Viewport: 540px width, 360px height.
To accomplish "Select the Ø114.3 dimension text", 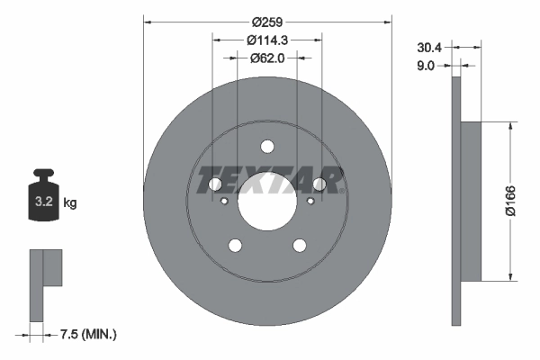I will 267,40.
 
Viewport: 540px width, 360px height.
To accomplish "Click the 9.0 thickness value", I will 427,65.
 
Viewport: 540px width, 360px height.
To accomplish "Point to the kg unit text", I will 70,203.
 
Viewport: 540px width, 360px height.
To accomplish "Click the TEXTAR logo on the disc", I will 267,178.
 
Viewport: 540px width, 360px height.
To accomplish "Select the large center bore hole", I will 267,202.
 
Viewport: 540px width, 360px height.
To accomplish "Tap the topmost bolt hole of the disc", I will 267,147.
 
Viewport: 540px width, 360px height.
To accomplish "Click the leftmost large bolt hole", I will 215,184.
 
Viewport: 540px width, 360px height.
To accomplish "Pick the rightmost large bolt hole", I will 319,184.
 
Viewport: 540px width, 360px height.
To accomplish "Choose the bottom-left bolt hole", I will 235,246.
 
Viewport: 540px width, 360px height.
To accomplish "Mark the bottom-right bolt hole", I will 300,246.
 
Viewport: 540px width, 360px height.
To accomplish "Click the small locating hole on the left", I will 225,201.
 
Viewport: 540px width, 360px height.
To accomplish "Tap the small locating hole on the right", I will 310,201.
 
